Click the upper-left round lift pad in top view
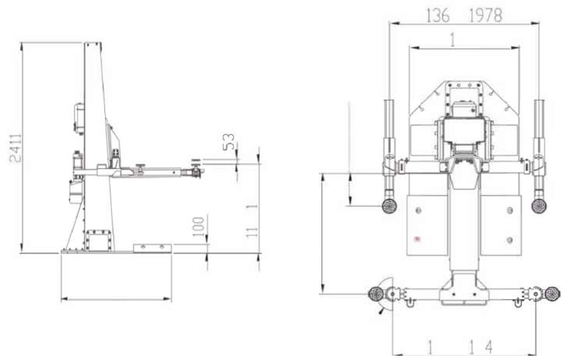pyautogui.click(x=390, y=205)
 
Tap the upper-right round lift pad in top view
pyautogui.click(x=539, y=205)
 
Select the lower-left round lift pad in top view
pyautogui.click(x=375, y=294)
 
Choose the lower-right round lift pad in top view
pyautogui.click(x=551, y=294)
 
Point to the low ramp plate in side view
pyautogui.click(x=152, y=247)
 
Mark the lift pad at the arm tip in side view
pyautogui.click(x=196, y=172)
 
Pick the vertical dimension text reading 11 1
pyautogui.click(x=252, y=220)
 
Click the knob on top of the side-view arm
pyautogui.click(x=141, y=167)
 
